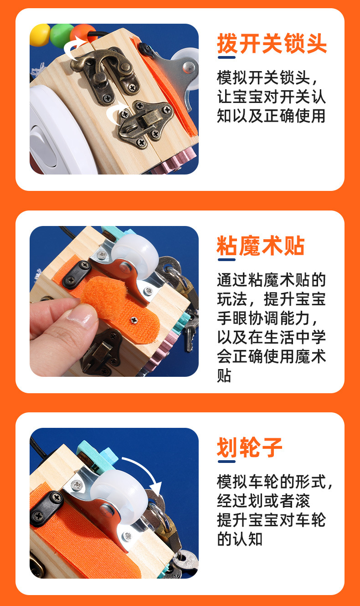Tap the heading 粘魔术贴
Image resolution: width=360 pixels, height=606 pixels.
(x=260, y=246)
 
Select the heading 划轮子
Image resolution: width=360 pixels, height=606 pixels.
(x=249, y=447)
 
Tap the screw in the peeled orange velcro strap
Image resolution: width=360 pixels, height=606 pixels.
(x=134, y=319)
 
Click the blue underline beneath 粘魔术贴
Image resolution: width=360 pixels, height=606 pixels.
(x=226, y=260)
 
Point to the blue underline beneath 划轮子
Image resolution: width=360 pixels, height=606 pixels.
(x=226, y=462)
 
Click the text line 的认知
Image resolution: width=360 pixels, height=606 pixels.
(x=240, y=539)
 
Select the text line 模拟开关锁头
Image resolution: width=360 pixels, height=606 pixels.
(x=263, y=78)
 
